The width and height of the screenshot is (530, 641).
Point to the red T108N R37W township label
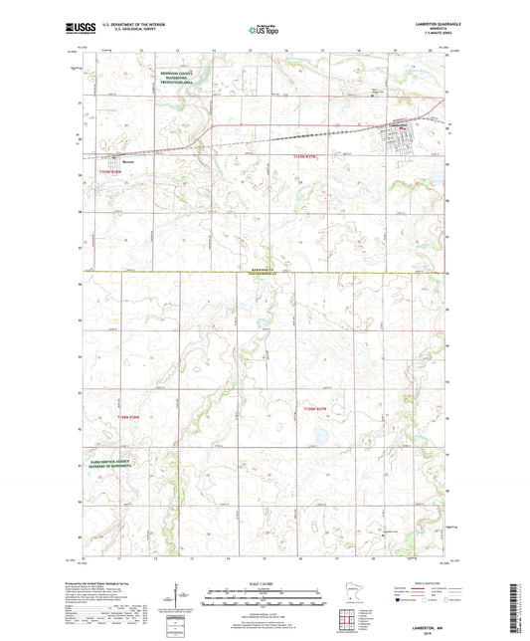pos(315,407)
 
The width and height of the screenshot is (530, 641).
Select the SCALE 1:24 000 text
pos(264,583)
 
